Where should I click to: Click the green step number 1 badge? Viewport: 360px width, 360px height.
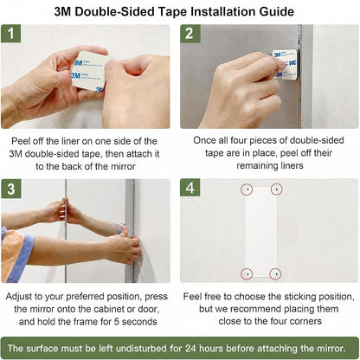click(x=11, y=34)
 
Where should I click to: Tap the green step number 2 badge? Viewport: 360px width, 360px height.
click(x=190, y=34)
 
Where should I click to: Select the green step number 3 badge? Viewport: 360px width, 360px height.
click(x=11, y=189)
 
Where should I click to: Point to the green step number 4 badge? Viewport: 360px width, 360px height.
click(x=190, y=188)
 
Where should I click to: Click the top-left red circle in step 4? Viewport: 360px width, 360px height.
click(x=247, y=190)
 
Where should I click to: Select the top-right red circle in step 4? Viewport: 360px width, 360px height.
click(x=276, y=190)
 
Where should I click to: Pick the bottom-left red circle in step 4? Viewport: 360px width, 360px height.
click(x=247, y=273)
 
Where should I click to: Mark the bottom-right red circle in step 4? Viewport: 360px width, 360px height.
click(x=275, y=273)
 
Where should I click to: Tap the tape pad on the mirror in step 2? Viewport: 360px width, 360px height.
click(x=285, y=64)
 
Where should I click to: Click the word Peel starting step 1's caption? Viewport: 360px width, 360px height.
click(x=21, y=141)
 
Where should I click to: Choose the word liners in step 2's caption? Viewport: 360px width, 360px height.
click(x=291, y=165)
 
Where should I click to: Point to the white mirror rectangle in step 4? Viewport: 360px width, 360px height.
click(x=261, y=232)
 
